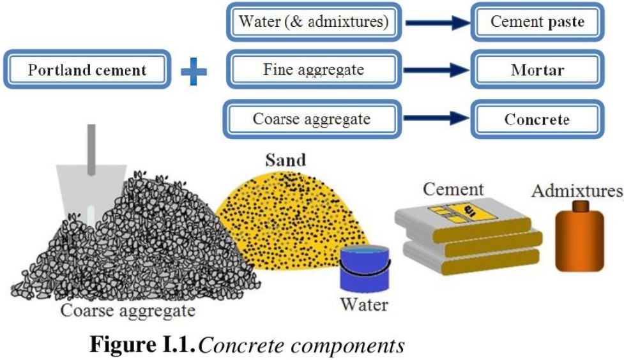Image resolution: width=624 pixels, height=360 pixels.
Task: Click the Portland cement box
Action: click(87, 70)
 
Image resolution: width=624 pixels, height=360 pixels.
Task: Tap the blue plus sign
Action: click(194, 71)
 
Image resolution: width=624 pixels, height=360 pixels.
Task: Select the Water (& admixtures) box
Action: click(314, 22)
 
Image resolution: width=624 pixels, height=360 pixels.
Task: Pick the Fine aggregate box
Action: click(314, 70)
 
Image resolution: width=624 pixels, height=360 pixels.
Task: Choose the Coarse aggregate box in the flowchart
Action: click(312, 119)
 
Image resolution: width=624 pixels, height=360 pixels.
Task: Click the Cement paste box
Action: click(537, 22)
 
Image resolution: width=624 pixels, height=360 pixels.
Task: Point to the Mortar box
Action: click(537, 70)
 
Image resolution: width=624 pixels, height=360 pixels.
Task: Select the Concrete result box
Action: click(537, 119)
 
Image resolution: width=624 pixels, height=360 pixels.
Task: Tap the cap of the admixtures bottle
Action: click(580, 206)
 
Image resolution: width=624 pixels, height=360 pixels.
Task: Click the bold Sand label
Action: click(285, 160)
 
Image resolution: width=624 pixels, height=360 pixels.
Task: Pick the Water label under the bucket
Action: click(363, 304)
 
